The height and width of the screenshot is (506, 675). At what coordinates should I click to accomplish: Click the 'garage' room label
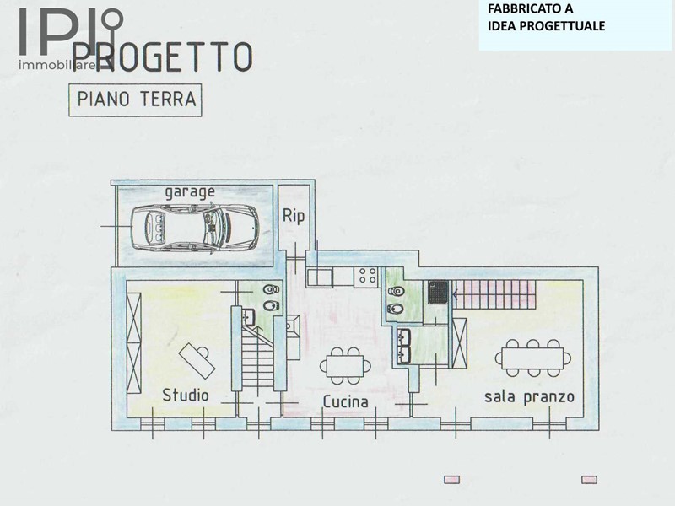click(190, 192)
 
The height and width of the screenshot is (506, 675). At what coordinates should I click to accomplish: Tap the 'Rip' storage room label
click(294, 216)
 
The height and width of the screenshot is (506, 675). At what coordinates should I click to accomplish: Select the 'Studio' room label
click(185, 395)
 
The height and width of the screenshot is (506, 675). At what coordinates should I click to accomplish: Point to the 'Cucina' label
click(346, 402)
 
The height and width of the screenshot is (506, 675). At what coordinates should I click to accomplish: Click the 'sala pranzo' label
click(529, 396)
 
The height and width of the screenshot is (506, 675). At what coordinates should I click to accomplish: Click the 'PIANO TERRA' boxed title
click(136, 100)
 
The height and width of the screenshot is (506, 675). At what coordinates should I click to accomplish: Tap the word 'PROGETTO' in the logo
click(162, 57)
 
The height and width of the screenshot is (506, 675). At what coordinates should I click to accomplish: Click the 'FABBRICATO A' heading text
click(530, 8)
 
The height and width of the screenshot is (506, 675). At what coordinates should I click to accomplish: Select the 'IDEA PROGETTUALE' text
click(546, 26)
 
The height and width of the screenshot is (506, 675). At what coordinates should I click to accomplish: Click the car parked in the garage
click(195, 227)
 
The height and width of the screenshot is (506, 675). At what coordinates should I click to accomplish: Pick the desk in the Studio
click(197, 361)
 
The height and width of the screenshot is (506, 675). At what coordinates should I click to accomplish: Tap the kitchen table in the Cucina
click(345, 366)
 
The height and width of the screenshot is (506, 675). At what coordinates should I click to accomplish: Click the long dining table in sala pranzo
click(533, 358)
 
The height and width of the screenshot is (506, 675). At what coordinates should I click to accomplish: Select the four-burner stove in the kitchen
click(367, 277)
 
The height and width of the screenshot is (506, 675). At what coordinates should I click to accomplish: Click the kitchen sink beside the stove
click(320, 277)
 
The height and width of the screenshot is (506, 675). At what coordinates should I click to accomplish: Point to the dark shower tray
click(438, 292)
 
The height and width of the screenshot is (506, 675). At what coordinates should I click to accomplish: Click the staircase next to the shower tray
click(494, 294)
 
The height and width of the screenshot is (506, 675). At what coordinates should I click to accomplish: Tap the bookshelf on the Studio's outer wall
click(134, 342)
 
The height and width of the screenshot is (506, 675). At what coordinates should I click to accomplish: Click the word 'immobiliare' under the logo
click(57, 66)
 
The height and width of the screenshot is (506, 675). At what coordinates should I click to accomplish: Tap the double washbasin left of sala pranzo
click(404, 346)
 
